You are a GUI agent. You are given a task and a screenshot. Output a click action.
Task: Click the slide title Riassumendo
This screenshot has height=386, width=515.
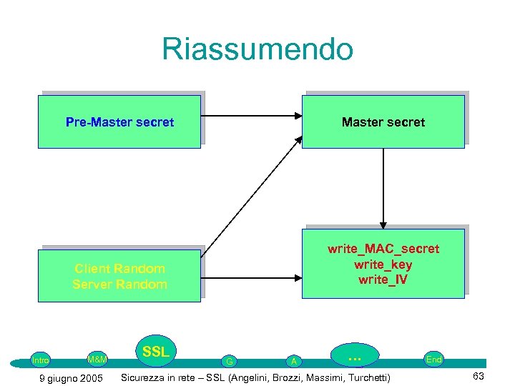(257, 49)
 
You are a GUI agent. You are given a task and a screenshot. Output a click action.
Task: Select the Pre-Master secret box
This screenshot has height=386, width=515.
(119, 122)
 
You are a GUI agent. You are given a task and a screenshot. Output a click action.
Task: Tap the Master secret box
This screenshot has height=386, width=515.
(383, 122)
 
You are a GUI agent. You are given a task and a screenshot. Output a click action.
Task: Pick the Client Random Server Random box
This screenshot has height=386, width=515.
(119, 276)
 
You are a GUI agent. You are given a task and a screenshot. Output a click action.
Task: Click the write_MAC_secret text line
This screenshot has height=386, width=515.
(383, 249)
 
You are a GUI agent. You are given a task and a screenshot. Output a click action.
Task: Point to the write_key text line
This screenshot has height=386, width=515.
(383, 264)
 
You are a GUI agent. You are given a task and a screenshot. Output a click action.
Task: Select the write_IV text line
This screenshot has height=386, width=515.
(383, 279)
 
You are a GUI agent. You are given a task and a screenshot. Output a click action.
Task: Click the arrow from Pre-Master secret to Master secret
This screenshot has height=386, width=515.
(250, 114)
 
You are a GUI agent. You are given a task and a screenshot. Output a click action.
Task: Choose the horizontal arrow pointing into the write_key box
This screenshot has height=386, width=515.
(250, 276)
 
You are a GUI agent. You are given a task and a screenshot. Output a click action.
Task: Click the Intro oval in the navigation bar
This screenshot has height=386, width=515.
(41, 360)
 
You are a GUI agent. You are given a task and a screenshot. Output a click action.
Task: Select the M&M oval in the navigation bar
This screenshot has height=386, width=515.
(97, 359)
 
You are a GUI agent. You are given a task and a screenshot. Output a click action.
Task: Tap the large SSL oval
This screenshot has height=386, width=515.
(155, 352)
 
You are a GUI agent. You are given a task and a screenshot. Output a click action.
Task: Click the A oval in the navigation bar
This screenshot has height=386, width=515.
(294, 361)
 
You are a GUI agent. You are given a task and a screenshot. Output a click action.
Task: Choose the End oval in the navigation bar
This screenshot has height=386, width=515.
(433, 360)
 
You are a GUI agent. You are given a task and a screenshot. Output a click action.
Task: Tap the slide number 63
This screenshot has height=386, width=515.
(479, 377)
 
